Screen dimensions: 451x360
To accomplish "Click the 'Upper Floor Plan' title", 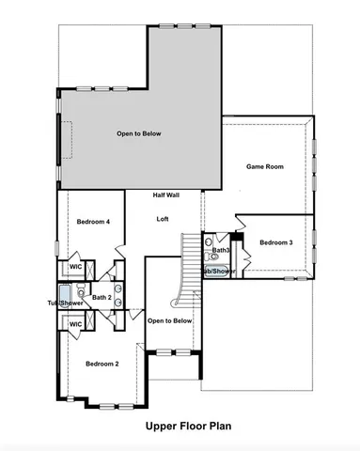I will coord(188,426).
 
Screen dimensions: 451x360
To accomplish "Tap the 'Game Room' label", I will coord(265,166).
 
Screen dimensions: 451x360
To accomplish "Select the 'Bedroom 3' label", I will coord(276,242).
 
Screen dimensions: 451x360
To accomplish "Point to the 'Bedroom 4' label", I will coord(94,222).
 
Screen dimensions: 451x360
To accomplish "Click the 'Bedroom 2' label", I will coord(102,363).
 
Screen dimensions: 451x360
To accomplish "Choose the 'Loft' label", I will coord(162,218).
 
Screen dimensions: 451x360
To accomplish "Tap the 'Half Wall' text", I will coord(166,195).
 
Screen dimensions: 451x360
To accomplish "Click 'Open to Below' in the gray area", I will coord(138,133).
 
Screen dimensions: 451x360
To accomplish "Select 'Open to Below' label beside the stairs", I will coord(170,320).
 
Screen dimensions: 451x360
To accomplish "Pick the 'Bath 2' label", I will coord(102,297).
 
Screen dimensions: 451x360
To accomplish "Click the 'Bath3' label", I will coord(221,251).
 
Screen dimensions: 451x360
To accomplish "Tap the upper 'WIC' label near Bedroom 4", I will coord(76,268).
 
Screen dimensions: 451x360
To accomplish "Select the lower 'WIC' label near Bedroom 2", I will coord(76,324).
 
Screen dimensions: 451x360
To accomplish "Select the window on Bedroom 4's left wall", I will coord(57,248).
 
